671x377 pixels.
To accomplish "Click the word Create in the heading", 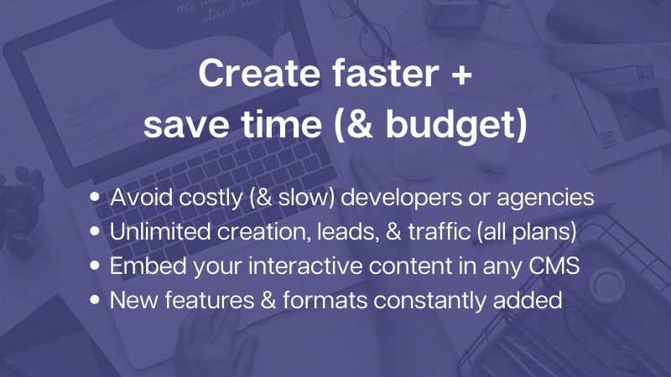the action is (x=259, y=73).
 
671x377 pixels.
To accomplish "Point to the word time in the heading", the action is (x=282, y=124).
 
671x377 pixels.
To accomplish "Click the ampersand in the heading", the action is (x=358, y=124).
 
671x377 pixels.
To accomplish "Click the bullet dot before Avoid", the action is (x=95, y=197).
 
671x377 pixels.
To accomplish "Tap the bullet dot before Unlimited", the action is (x=95, y=231).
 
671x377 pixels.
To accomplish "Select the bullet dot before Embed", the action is (x=95, y=265).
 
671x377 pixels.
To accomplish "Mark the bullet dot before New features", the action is (x=95, y=299).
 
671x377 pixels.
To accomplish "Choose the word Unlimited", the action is (x=160, y=231).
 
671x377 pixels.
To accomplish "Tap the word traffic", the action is (x=439, y=231).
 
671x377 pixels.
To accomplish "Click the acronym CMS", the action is (x=554, y=266).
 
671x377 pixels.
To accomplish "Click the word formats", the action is (x=325, y=300).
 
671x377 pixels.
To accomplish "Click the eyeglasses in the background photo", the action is (x=368, y=30).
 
